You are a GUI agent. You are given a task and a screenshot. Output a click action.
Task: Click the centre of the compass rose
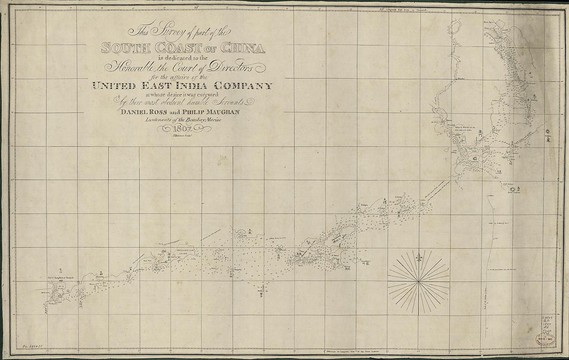click(x=419, y=282)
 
